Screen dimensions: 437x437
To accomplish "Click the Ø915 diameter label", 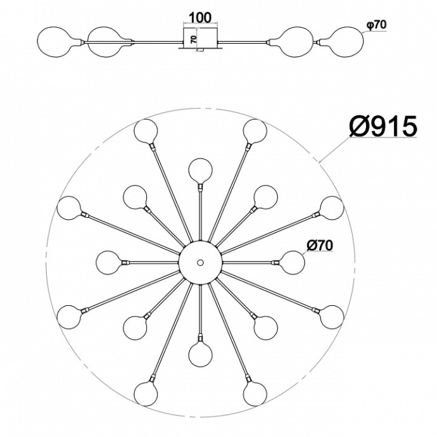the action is point(383,127).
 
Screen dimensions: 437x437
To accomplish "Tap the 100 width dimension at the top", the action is point(200,18).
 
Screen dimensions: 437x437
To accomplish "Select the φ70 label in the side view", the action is point(377,25).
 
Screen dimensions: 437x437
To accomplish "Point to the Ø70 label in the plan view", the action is point(320,246).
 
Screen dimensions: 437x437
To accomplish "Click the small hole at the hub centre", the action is point(200,262).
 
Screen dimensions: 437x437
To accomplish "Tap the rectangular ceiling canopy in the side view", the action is point(201,39).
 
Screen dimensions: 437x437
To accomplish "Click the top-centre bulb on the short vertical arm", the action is point(200,170).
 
